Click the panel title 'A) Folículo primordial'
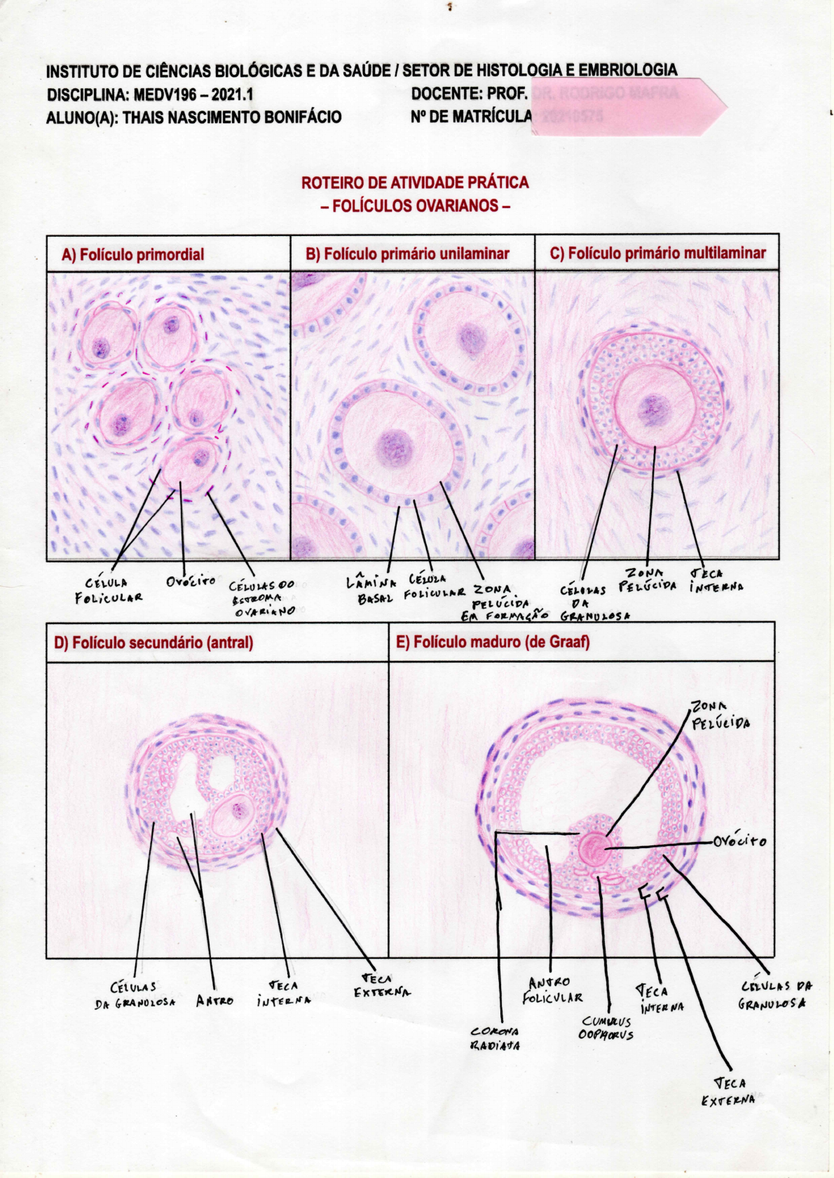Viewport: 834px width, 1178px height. (x=132, y=254)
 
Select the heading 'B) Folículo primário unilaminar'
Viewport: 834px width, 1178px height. (x=407, y=254)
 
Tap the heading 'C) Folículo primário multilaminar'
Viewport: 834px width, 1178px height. (x=657, y=253)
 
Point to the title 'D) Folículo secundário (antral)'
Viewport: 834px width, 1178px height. (x=153, y=642)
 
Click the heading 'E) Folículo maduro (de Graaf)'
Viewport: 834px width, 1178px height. (x=493, y=642)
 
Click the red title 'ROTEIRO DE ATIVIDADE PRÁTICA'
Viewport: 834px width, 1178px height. (x=415, y=183)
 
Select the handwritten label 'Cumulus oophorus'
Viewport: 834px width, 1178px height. (x=606, y=1028)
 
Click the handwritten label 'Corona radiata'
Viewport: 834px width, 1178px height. (x=495, y=1038)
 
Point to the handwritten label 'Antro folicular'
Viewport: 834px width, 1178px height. (x=552, y=990)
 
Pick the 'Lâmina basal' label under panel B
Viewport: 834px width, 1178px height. (x=371, y=590)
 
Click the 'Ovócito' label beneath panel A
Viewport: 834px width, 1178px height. (x=191, y=581)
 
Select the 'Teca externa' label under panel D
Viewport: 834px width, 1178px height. (x=382, y=985)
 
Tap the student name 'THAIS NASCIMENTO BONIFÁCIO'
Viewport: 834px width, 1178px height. (x=232, y=117)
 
